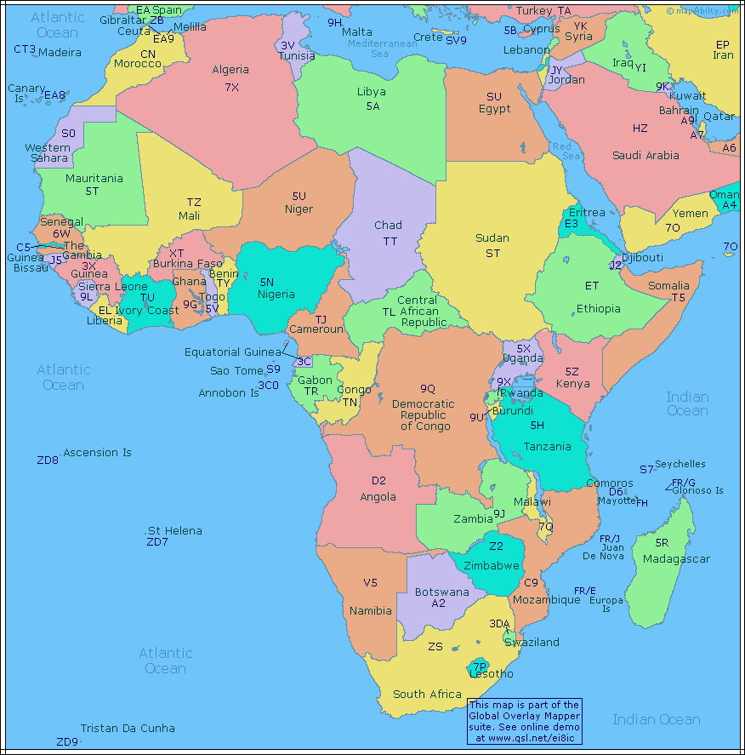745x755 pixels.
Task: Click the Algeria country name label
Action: pyautogui.click(x=230, y=70)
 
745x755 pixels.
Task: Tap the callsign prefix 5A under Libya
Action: pyautogui.click(x=372, y=106)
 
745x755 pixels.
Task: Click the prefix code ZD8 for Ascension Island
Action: pyautogui.click(x=48, y=460)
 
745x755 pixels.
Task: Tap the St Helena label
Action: pyautogui.click(x=175, y=531)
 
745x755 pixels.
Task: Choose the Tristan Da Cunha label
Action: pyautogui.click(x=128, y=729)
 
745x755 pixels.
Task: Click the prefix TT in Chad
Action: pyautogui.click(x=390, y=242)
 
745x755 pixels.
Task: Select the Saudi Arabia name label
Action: pyautogui.click(x=645, y=156)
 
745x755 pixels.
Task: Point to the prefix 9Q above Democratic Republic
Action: pyautogui.click(x=427, y=388)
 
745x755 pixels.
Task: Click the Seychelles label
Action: pyautogui.click(x=680, y=464)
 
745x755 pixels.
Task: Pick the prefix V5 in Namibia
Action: pyautogui.click(x=370, y=583)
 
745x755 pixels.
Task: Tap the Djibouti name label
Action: pyautogui.click(x=642, y=258)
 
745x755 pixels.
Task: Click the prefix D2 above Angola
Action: pyautogui.click(x=378, y=481)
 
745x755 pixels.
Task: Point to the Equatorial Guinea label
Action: pyautogui.click(x=232, y=352)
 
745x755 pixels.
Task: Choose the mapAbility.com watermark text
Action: pyautogui.click(x=703, y=11)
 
